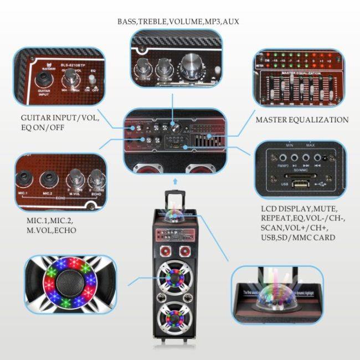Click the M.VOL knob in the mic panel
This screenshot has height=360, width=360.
[74, 180]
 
